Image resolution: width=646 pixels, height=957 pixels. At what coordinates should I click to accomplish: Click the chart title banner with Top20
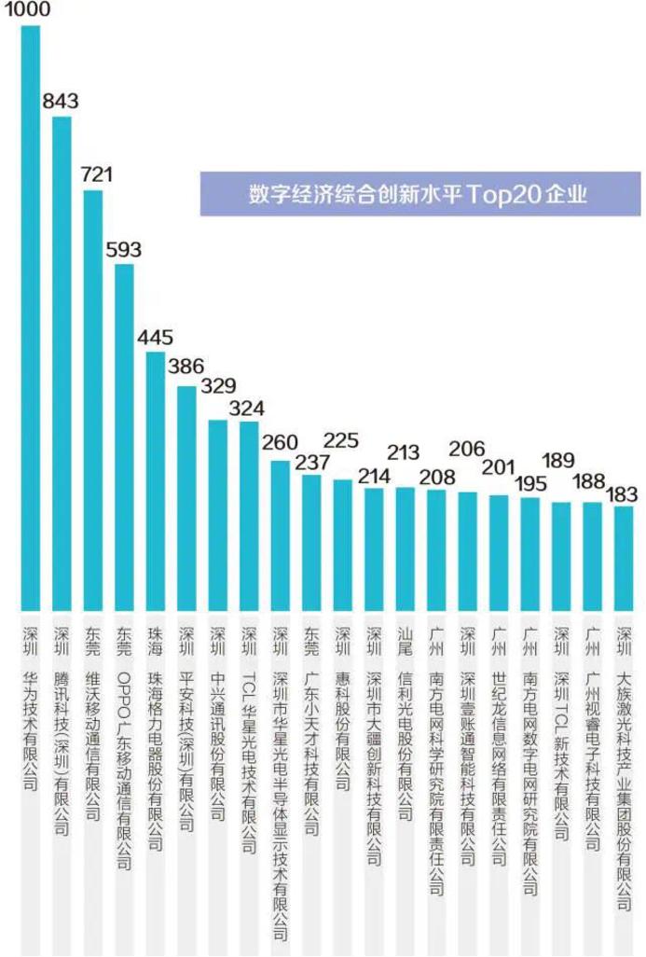click(419, 194)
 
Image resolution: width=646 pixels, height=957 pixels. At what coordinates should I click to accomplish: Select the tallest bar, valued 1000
click(31, 317)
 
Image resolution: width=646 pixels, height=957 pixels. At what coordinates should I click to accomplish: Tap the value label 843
click(61, 101)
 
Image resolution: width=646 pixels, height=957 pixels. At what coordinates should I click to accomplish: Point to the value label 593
click(124, 250)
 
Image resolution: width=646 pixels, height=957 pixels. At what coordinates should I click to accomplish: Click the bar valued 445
click(156, 480)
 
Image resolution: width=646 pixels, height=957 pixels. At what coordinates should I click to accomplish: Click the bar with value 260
click(281, 535)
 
